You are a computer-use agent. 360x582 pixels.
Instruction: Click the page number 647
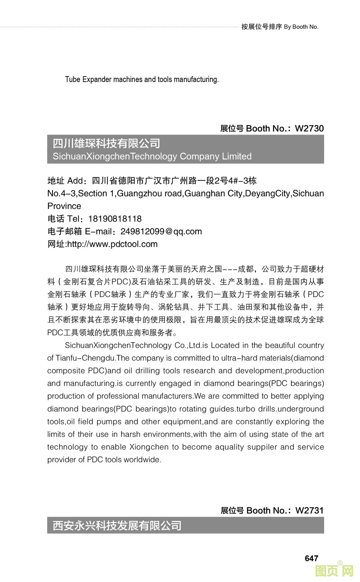coord(311,558)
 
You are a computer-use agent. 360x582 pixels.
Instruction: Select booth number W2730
coord(309,129)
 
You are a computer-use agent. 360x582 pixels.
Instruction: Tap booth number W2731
coord(309,511)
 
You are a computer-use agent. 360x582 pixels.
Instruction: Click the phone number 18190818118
coord(115,219)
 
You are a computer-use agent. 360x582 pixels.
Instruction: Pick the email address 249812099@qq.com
coord(161,232)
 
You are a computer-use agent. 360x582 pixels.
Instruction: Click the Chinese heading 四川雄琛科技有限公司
coord(107,143)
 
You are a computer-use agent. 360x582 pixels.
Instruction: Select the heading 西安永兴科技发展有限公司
coord(117,526)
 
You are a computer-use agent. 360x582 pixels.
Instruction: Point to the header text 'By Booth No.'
coord(301,27)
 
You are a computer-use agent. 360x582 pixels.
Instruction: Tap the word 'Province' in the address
coord(64,206)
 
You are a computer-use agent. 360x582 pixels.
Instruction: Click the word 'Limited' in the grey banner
coord(237,157)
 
